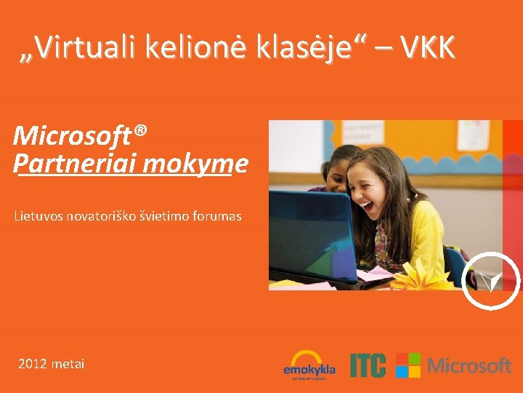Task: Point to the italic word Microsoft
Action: tap(71, 135)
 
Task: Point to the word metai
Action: tap(68, 363)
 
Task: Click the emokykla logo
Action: tap(309, 365)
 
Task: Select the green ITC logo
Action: tap(368, 365)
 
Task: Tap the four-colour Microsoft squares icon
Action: tap(408, 365)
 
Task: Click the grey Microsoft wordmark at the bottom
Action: tap(469, 365)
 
